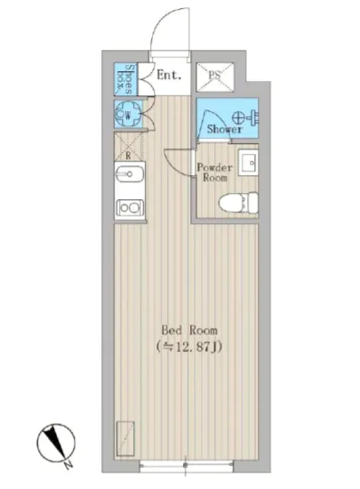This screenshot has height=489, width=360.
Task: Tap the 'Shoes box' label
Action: pos(128,76)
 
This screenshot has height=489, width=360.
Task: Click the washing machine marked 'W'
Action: pos(127,113)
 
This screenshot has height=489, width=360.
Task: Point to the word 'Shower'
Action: pos(225,130)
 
